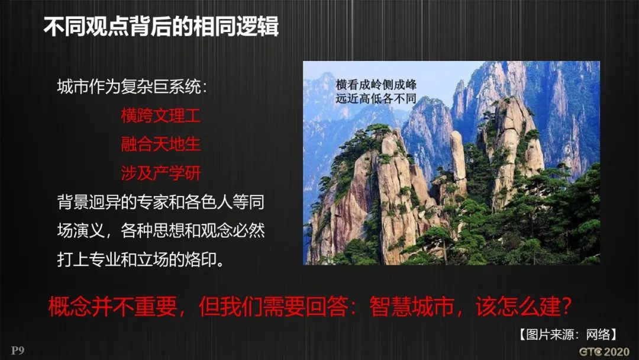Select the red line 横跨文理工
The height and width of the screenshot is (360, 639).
click(x=160, y=115)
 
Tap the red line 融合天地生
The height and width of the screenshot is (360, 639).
click(x=160, y=144)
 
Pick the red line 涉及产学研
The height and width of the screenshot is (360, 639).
click(x=160, y=173)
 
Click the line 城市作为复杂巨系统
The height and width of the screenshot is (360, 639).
click(x=132, y=87)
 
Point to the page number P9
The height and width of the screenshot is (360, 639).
click(x=17, y=351)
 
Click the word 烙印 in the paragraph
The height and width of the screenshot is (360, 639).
click(x=200, y=259)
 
